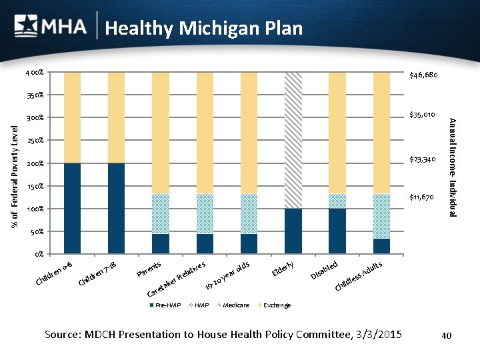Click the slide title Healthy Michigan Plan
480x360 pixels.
[203, 29]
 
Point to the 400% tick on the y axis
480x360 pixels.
[36, 72]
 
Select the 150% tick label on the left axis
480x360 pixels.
[36, 186]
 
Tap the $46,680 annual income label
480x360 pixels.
[423, 75]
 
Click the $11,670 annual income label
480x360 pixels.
[423, 197]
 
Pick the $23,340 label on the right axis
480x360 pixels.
[423, 159]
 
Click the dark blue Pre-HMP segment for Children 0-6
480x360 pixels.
[72, 208]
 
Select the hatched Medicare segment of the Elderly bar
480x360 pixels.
[293, 140]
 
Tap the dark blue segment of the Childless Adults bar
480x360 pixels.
[381, 246]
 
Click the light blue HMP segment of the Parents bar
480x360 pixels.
[161, 214]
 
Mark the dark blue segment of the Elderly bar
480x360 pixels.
[293, 231]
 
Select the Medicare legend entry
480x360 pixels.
[234, 305]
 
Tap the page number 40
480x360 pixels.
[447, 335]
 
